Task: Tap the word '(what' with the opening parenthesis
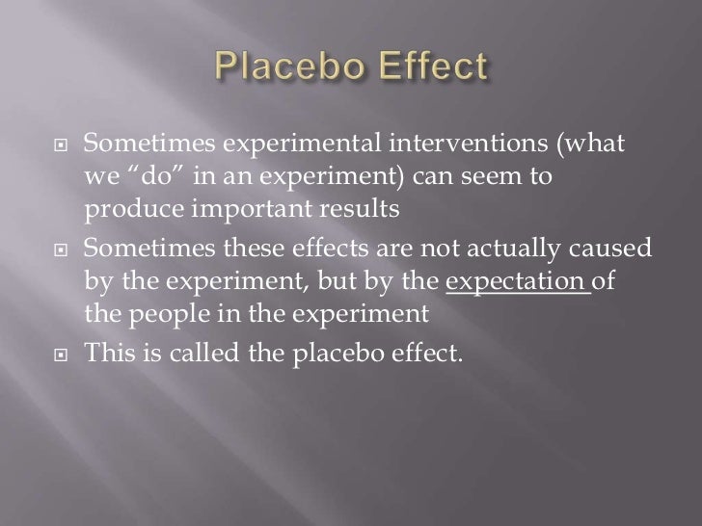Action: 590,145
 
